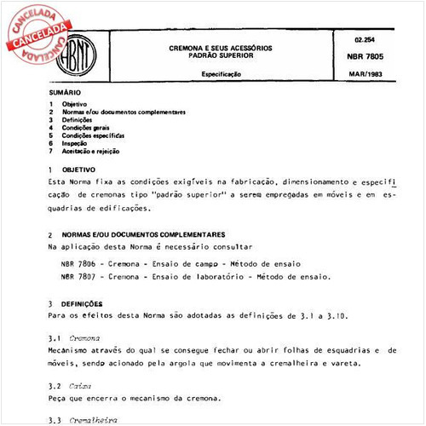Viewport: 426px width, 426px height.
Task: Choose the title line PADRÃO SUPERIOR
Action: click(220, 55)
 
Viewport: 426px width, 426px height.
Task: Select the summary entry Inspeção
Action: click(75, 143)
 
